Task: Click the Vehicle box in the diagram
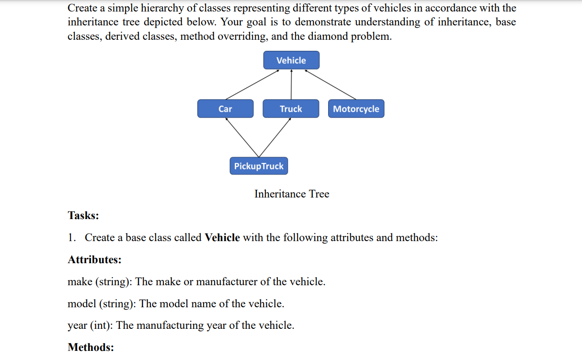[x=291, y=60]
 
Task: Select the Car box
[x=225, y=109]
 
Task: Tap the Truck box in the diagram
[x=291, y=109]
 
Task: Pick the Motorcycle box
[x=356, y=109]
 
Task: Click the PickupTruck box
[x=259, y=166]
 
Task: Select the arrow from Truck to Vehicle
[x=291, y=84]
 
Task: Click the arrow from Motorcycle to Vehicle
[x=331, y=84]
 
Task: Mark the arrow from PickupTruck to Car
[x=242, y=137]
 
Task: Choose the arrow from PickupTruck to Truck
[x=275, y=137]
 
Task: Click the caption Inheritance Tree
[x=292, y=194]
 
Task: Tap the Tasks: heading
[x=83, y=216]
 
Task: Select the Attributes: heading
[x=94, y=260]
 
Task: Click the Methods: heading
[x=91, y=347]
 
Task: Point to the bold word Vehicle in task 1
[x=222, y=238]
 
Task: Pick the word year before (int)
[x=77, y=325]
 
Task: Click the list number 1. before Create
[x=72, y=238]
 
